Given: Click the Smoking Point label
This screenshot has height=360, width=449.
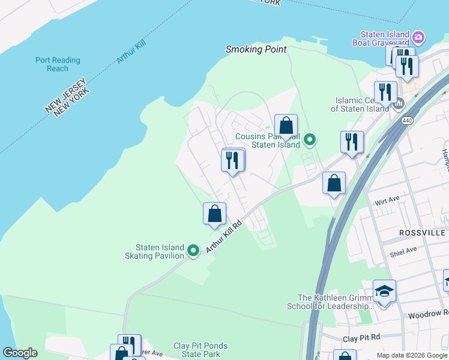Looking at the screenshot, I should coord(256,49).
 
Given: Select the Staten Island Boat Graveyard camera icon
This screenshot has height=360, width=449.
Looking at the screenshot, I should coord(418,38).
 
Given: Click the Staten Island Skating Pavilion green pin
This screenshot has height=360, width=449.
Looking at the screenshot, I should coord(193,251).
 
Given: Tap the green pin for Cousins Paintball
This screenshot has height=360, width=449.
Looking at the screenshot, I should coord(310,140).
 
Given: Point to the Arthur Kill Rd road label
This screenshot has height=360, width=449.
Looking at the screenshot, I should coord(224,236).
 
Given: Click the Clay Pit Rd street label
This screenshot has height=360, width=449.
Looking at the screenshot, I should coord(361,338).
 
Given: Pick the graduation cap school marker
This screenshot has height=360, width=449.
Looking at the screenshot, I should coord(384,292).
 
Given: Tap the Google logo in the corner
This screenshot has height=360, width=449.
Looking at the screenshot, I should coord(20,353).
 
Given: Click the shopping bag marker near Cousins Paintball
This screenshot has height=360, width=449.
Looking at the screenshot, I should coord(286,126).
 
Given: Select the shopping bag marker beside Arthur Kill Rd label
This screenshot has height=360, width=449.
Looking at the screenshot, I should coord(214,214).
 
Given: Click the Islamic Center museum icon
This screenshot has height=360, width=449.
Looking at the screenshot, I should coord(398,104).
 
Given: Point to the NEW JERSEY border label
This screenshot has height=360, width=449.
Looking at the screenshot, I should coord(64,95).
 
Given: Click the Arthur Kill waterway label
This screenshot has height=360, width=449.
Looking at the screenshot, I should coord(131,52).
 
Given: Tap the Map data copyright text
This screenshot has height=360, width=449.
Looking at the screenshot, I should coord(412,355).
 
